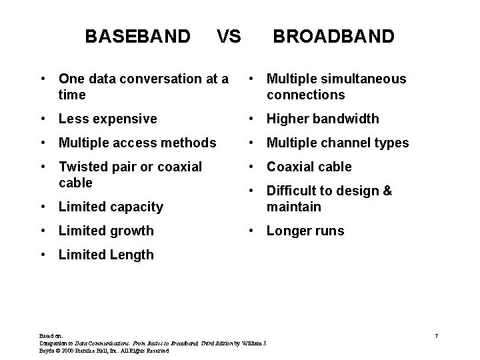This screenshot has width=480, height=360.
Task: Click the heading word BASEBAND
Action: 137,36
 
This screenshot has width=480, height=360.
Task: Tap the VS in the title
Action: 229,36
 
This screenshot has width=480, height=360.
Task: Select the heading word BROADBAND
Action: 333,36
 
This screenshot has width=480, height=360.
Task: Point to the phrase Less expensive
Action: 108,119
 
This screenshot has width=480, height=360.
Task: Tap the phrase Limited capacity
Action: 111,207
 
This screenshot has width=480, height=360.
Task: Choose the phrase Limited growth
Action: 106,231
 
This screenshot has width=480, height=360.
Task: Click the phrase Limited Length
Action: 106,255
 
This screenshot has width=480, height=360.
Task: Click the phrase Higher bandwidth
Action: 323,119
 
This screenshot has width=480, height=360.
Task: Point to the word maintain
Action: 294,207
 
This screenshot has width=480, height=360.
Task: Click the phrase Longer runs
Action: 305,231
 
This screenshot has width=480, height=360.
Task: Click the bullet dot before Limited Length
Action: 43,255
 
